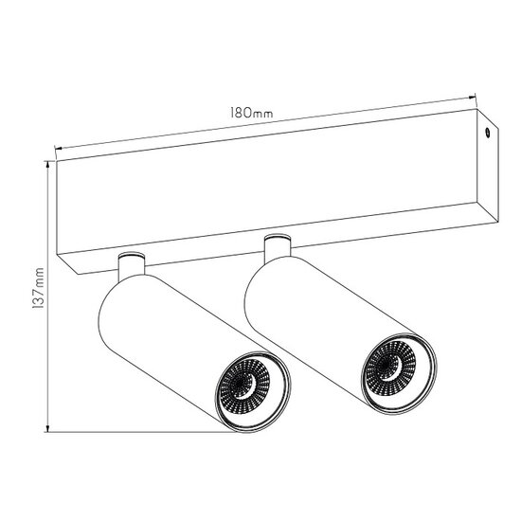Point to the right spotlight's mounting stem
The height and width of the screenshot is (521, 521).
tap(277, 247)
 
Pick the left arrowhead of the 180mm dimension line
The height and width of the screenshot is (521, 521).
tap(59, 148)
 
